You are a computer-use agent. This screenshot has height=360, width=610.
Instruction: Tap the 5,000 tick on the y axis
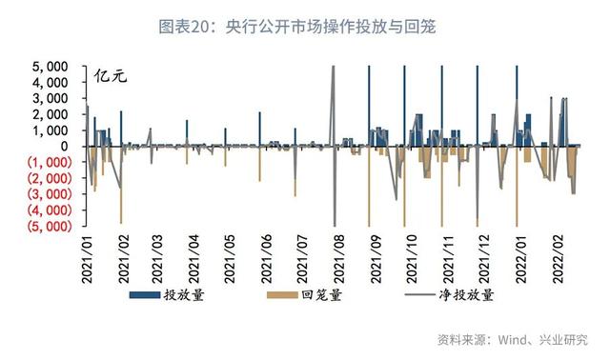click(x=49, y=68)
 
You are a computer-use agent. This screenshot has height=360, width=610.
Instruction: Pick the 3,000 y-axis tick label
click(x=49, y=99)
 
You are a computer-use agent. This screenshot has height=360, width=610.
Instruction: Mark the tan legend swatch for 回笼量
click(x=280, y=296)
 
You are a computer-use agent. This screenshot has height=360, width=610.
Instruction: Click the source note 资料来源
click(x=513, y=339)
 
